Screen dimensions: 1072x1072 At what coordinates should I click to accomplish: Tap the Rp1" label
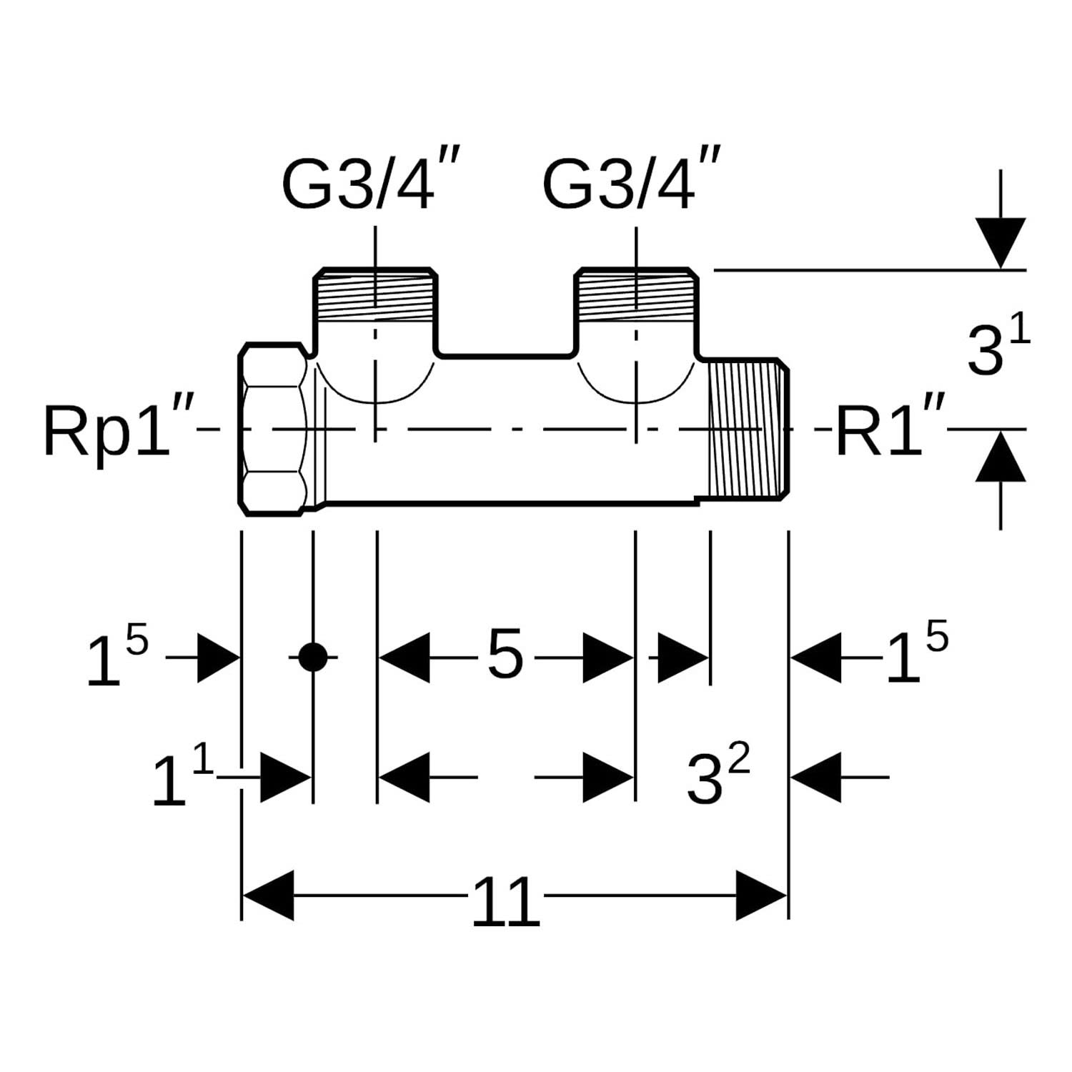click(x=118, y=430)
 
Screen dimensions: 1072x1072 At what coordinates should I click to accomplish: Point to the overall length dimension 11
click(x=505, y=902)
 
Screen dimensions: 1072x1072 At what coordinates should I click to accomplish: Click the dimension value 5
click(x=505, y=656)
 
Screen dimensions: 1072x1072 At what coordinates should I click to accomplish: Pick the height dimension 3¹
click(x=998, y=346)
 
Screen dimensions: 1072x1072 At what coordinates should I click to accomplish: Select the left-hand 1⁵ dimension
click(x=117, y=656)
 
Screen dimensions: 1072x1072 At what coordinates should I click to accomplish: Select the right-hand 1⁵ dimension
click(x=917, y=652)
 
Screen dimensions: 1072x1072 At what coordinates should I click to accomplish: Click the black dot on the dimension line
click(x=312, y=657)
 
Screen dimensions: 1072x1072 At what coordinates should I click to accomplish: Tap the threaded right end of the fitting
click(x=748, y=429)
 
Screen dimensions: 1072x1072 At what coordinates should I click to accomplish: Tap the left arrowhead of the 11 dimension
click(x=269, y=895)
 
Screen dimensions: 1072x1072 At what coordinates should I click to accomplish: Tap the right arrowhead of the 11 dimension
click(x=762, y=895)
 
